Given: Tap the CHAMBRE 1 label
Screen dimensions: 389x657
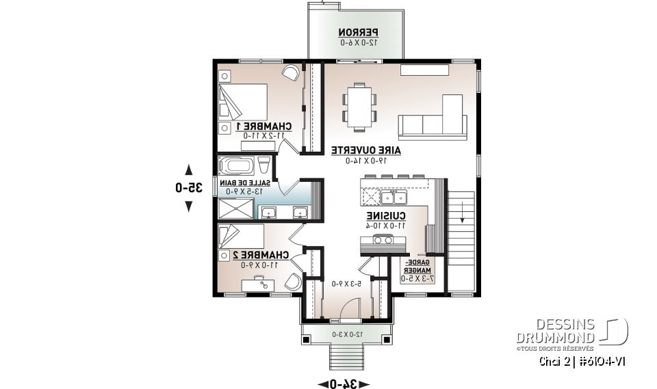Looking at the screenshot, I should pos(263,126).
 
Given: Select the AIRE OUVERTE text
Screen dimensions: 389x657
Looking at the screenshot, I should pos(365,150).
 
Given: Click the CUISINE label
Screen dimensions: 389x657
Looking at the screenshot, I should pos(386,216).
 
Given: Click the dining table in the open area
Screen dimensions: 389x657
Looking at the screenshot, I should pos(359,106).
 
